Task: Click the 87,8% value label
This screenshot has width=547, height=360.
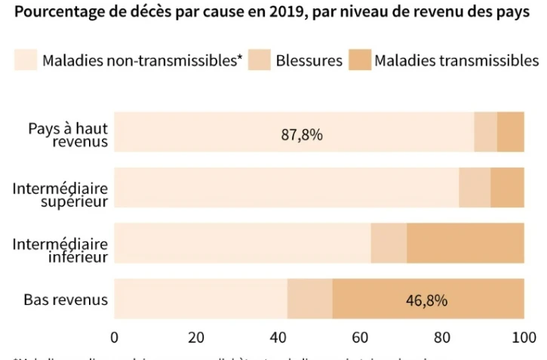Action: click(302, 135)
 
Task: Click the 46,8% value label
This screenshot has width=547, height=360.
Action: click(427, 300)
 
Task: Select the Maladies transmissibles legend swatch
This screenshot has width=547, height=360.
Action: click(359, 60)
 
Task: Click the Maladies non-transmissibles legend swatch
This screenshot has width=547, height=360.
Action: click(25, 60)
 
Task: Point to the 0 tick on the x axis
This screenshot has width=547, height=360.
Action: click(115, 336)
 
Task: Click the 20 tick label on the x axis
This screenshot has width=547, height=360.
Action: click(196, 336)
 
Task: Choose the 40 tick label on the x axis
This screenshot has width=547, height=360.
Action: click(278, 336)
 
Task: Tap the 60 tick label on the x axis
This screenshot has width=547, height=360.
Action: click(360, 336)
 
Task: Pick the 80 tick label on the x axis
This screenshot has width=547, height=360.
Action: click(442, 336)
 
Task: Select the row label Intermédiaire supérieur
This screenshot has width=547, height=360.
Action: click(60, 193)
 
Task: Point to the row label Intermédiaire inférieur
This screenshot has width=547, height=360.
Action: click(60, 250)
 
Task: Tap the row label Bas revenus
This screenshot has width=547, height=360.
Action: click(66, 300)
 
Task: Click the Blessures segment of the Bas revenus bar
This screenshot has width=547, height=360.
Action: click(310, 299)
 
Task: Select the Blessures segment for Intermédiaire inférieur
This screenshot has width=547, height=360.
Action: click(389, 243)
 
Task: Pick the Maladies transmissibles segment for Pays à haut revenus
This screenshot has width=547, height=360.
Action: click(511, 131)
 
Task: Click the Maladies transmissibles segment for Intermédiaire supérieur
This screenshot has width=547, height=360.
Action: click(508, 187)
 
